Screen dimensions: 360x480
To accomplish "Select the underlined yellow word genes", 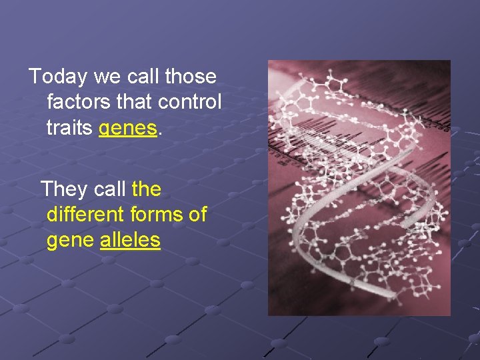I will [129, 127].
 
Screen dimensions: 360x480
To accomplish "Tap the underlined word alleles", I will [130, 240].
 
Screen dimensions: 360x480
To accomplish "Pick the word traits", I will [69, 127].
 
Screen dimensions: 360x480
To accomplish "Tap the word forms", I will [160, 215].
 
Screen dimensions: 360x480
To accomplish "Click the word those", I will [191, 77].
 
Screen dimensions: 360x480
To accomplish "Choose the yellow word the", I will [147, 189].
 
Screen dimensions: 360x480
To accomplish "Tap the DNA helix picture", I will [359, 187].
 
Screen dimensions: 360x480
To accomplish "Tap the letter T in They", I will [47, 189].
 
